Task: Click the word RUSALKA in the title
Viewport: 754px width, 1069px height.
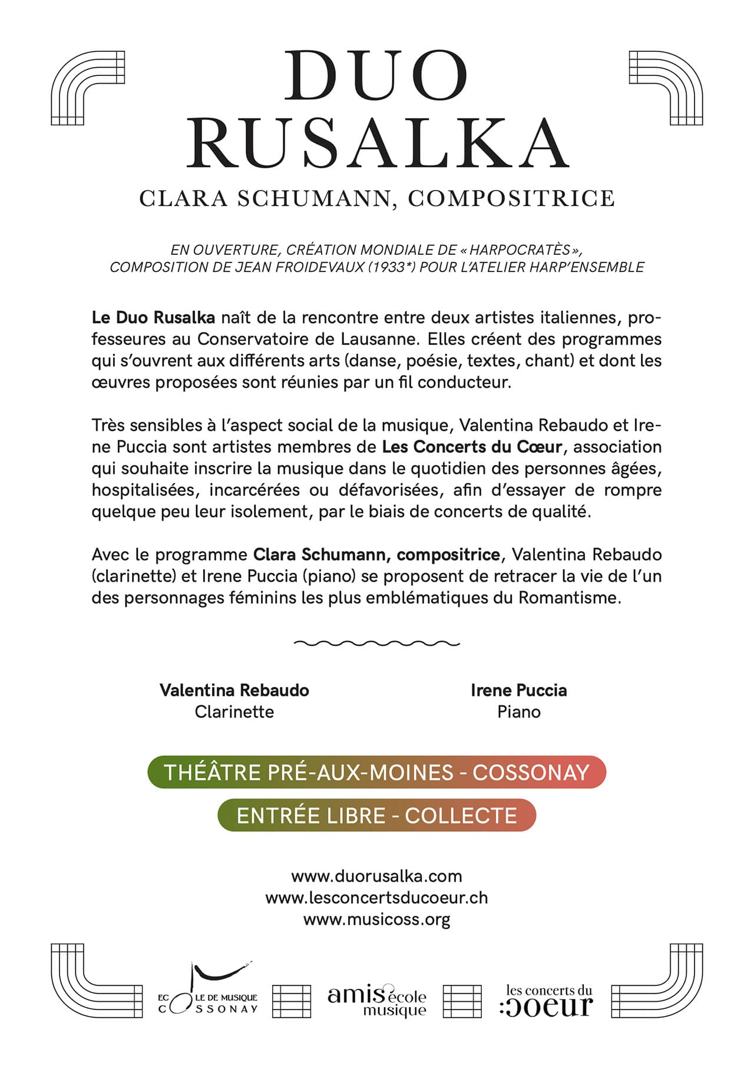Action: coord(378,143)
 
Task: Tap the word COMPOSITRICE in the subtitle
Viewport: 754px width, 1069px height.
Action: coord(511,198)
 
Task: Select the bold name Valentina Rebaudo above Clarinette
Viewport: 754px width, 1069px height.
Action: coord(234,690)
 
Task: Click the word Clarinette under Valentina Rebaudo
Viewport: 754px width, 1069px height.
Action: coord(234,712)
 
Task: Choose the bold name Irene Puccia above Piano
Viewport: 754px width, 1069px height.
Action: coord(518,690)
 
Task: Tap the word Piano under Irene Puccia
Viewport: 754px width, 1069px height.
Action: coord(518,712)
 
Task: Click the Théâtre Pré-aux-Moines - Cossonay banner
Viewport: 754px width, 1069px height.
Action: coord(376,772)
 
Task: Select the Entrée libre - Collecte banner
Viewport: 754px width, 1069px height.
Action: coord(376,815)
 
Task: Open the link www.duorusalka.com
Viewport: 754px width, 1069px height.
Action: coord(376,876)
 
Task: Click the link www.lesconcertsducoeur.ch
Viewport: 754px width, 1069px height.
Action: coord(376,898)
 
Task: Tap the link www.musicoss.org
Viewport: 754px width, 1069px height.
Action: coord(376,919)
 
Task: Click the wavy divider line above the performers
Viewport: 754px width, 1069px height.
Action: coord(376,643)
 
